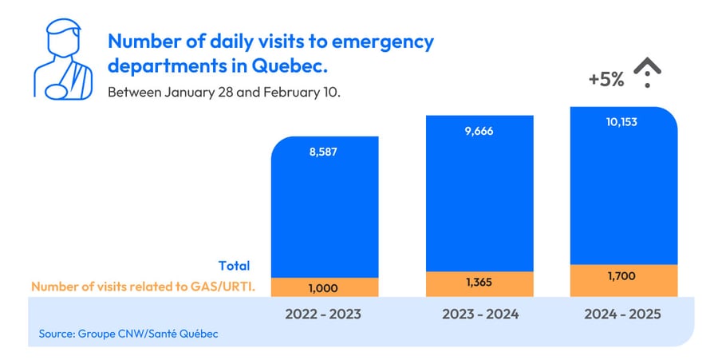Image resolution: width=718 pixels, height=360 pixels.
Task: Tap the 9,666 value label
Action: pos(479,131)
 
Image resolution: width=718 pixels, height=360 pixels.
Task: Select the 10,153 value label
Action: pos(624,122)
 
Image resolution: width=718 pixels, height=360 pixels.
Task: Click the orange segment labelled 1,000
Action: pos(323,287)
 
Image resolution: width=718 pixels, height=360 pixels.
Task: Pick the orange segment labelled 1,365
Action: pos(479,283)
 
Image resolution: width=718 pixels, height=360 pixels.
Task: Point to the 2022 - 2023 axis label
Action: pos(323,315)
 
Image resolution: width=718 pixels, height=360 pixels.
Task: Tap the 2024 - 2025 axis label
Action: pos(624,315)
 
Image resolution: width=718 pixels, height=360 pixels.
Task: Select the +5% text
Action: pos(606,80)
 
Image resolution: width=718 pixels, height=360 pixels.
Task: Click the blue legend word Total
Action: pos(234,266)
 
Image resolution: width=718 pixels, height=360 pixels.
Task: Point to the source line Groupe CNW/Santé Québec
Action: pos(128,333)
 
